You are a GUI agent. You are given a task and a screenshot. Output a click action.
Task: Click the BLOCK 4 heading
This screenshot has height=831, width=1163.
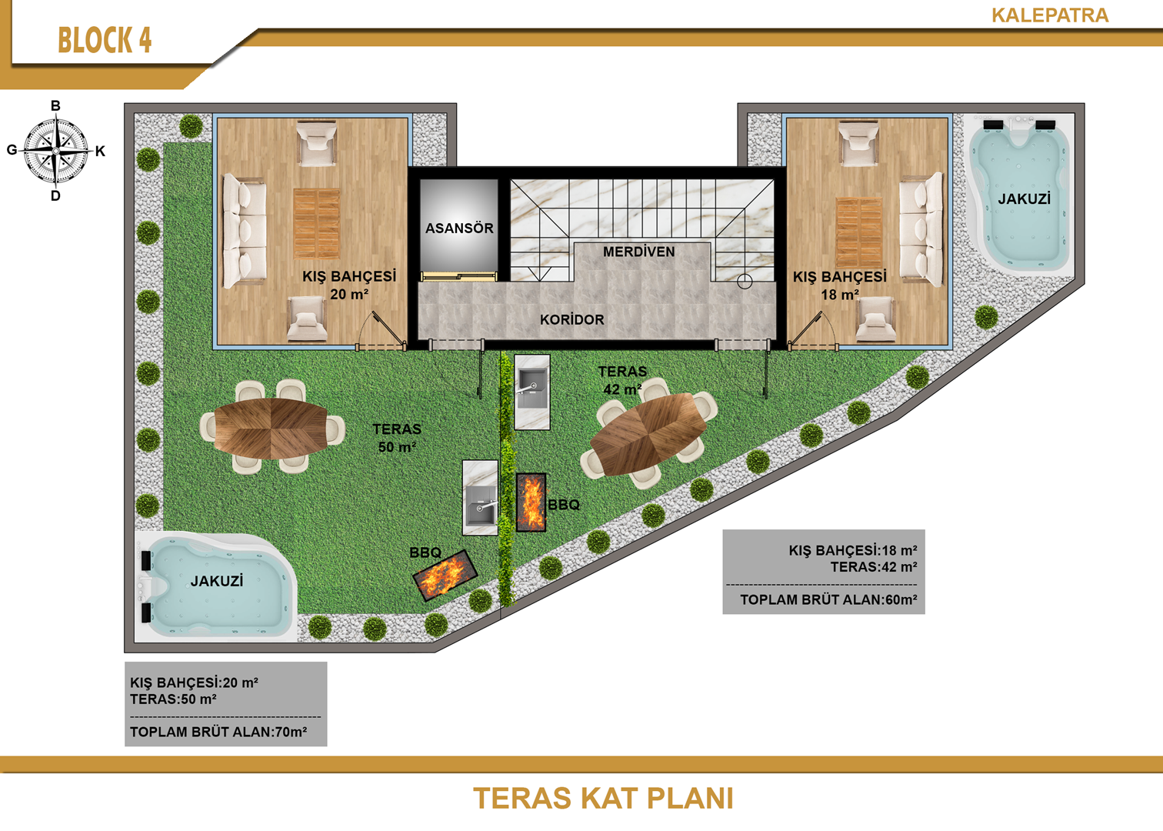pos(105,40)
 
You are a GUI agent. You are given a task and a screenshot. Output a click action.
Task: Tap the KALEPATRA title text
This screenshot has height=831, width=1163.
pos(1050,15)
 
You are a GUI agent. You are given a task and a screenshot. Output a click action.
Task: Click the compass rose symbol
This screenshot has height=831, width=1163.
pos(56,151)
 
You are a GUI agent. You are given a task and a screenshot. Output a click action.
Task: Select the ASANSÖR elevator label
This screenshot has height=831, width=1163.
pos(459,228)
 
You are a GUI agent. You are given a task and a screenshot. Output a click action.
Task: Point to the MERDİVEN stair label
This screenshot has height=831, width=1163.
pos(638,252)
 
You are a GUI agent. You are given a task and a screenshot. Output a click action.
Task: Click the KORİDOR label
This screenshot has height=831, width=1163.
pos(572,319)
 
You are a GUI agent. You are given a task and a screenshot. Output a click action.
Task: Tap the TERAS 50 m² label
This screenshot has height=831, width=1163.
pos(397,438)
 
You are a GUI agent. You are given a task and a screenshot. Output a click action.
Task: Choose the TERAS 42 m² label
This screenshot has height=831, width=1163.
pos(622,380)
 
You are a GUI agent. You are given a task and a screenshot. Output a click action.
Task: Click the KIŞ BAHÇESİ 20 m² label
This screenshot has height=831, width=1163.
pos(349,285)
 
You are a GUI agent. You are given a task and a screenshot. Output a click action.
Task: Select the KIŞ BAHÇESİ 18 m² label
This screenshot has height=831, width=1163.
pos(839,285)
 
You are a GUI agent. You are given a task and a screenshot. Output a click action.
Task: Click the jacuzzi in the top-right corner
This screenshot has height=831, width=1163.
pos(1018,194)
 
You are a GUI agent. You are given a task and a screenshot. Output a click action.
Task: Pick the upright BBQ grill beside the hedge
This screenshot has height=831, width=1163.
pos(532,502)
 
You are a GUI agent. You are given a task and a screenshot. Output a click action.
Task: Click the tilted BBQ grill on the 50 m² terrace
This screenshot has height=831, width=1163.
pos(445,576)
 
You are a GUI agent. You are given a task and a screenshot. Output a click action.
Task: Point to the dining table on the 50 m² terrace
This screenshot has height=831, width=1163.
pos(271,429)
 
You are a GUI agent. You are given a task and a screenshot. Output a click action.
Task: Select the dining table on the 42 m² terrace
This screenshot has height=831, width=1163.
pos(648,434)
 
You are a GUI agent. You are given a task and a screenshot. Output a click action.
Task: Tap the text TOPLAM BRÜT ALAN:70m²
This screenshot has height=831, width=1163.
pos(218,732)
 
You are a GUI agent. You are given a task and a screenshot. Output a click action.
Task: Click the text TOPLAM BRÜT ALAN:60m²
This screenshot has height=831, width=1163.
pos(828,600)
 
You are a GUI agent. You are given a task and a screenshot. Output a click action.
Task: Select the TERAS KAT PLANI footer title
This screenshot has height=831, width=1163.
pos(603,798)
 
